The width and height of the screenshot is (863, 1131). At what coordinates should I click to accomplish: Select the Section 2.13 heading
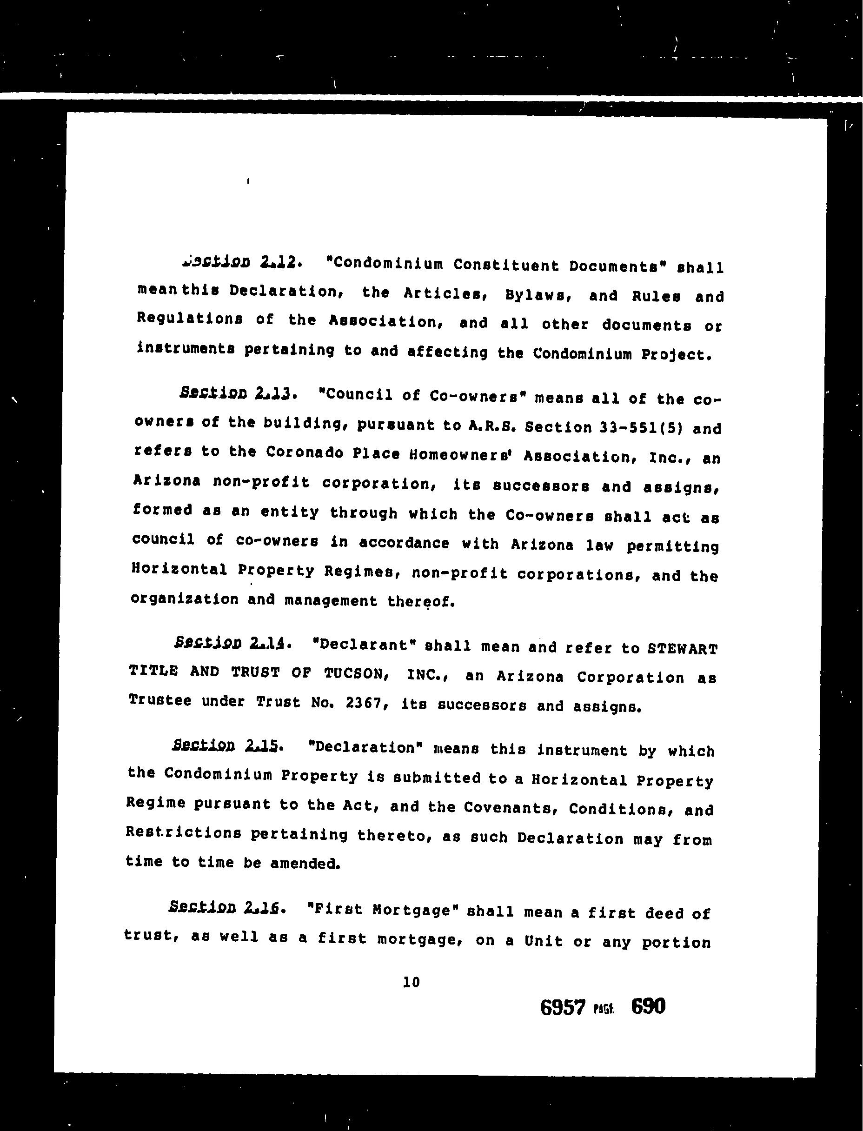click(236, 393)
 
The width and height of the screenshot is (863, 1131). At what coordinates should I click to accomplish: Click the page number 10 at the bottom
click(412, 982)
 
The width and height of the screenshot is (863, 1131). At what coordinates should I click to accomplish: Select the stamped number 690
click(648, 1007)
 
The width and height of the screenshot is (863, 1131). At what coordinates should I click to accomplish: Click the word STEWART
click(682, 649)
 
